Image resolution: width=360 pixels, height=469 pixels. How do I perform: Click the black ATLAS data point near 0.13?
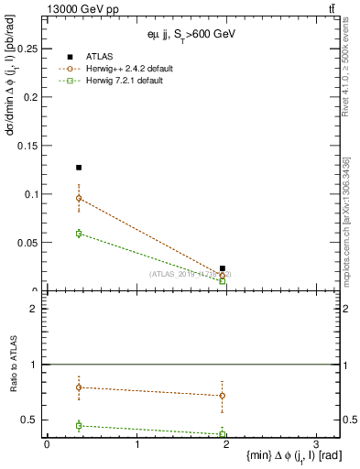coord(79,168)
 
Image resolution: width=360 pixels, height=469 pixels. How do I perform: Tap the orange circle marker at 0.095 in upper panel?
coord(79,198)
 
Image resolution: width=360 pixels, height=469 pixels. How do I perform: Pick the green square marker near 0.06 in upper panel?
coord(79,234)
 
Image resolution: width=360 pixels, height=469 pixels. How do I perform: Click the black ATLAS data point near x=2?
coord(223,268)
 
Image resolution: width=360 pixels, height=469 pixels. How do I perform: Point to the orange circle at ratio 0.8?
coord(79,387)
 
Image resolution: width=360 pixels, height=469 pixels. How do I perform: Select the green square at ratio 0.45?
coord(79,425)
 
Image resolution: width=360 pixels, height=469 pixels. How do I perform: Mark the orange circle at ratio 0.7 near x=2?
coord(223,396)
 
